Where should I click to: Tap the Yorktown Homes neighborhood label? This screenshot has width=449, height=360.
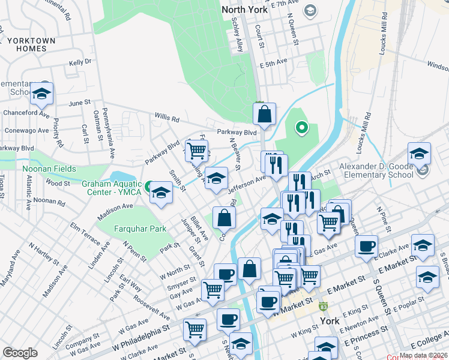(31, 44)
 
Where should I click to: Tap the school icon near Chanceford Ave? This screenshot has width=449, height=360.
(42, 94)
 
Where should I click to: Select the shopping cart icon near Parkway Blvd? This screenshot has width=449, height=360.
(196, 151)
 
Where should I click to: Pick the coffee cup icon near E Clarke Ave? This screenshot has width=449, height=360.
(366, 245)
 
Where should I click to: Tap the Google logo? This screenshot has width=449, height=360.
(20, 353)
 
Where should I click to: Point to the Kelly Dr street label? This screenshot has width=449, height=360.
(80, 62)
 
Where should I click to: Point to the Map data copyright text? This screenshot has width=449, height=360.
(423, 355)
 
